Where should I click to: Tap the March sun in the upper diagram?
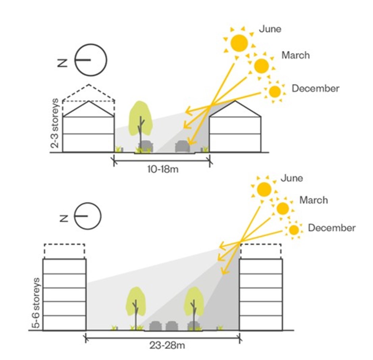pos(261,66)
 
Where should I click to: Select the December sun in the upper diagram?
pos(275,92)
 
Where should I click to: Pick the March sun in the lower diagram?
pos(283,208)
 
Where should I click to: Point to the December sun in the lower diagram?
pos(294,230)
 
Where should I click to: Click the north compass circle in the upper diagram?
pos(91,60)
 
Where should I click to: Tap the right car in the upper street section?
pos(183,146)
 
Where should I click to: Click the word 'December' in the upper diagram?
pos(315,88)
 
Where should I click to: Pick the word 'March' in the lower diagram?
pos(313,200)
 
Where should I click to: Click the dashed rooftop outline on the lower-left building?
pos(64,251)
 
